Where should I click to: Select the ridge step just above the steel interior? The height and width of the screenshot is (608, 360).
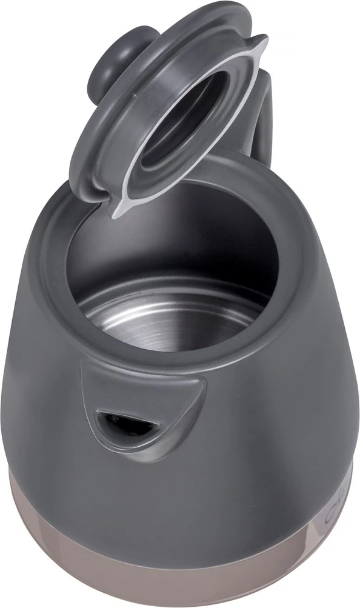[x=176, y=285]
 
